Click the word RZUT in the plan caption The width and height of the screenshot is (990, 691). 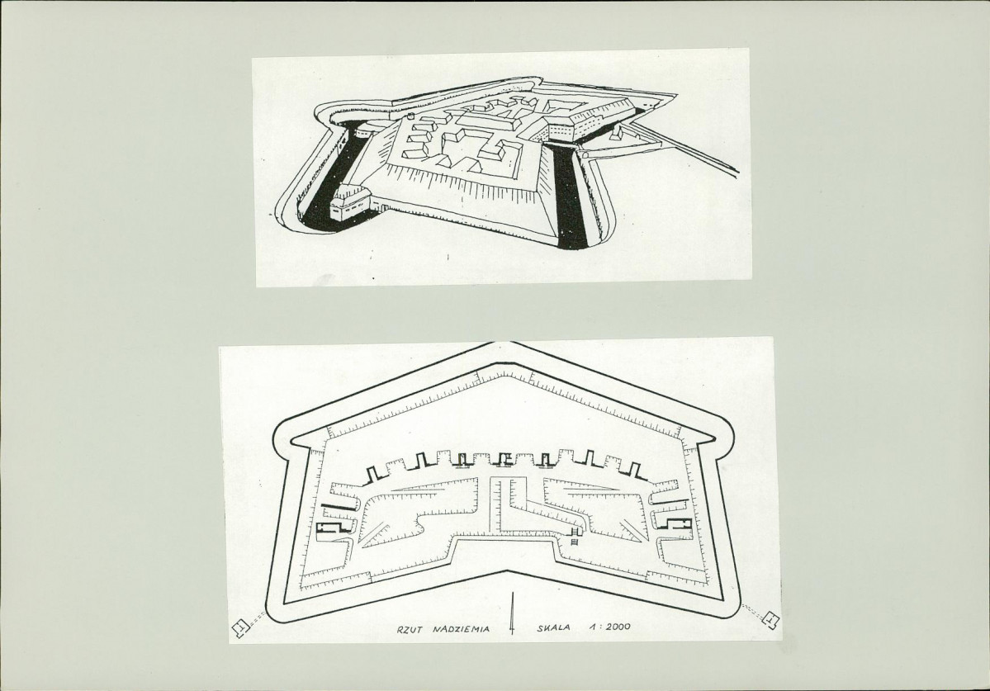(410, 628)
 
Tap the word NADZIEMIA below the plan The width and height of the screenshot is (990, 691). (462, 628)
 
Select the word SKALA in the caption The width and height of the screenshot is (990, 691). (553, 627)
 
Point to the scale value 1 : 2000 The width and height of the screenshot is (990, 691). (609, 627)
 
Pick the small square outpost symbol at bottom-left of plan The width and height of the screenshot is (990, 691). (240, 628)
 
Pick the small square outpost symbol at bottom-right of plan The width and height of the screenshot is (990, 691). (770, 620)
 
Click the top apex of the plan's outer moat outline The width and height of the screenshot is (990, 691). (510, 343)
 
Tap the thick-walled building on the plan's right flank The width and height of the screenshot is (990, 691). (674, 522)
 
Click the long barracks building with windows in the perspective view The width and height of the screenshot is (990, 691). (594, 124)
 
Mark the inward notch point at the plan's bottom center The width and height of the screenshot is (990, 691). (510, 570)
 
